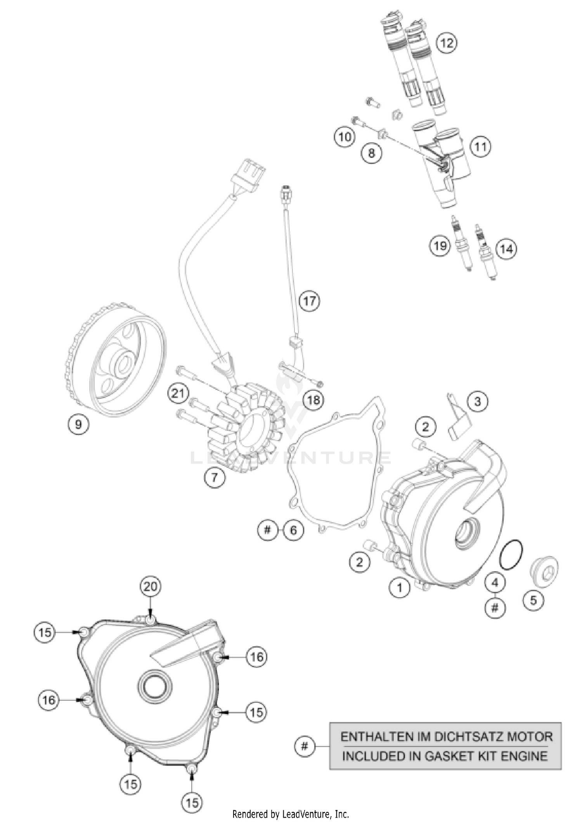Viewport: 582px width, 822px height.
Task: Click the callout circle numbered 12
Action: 447,43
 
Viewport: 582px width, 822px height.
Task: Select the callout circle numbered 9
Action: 78,424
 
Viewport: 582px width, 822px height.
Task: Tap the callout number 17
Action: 309,300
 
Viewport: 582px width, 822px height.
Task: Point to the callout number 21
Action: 178,394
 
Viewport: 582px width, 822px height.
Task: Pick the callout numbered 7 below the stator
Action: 215,477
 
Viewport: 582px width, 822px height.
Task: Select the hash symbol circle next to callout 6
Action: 267,529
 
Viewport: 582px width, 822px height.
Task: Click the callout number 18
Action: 314,400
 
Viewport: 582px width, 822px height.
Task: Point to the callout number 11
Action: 480,147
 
